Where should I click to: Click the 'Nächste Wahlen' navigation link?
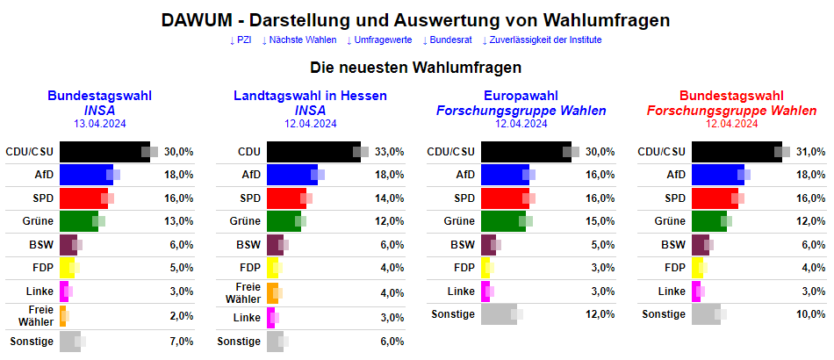pos(302,40)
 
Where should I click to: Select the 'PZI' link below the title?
pos(242,40)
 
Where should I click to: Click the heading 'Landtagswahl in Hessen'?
pos(310,96)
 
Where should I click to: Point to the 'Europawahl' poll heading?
pos(521,96)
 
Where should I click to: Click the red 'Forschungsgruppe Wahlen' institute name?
pos(731,111)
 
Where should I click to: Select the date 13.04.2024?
pos(100,124)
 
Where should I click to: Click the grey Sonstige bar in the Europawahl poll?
pos(499,314)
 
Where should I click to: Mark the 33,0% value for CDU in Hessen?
pos(389,152)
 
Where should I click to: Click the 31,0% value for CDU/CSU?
pos(810,152)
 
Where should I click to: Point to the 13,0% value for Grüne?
pos(178,221)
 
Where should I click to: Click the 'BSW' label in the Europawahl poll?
pos(461,245)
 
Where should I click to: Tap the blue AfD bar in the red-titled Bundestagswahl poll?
pos(717,175)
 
